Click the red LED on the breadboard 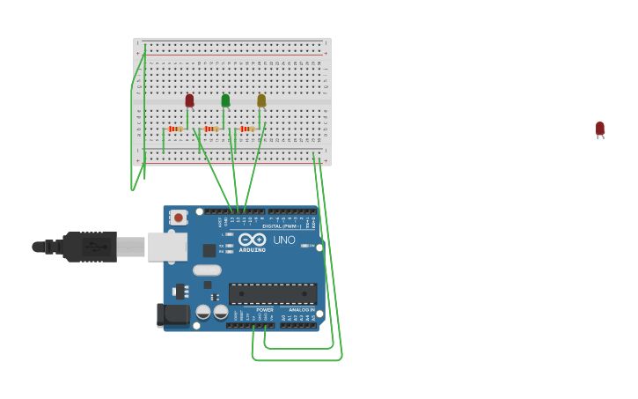tap(189, 100)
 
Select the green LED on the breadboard tap(225, 100)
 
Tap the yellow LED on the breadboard tap(261, 100)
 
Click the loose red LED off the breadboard tap(600, 129)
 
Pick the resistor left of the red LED tap(175, 129)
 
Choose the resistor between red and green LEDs tap(211, 129)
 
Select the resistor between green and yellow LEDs tap(247, 129)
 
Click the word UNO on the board tap(284, 240)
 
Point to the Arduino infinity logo tap(253, 239)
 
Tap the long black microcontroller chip tap(272, 294)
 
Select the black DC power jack tap(172, 314)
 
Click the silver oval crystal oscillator tap(207, 270)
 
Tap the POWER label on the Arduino tap(265, 310)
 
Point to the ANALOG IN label tap(301, 310)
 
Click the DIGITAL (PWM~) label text tap(281, 226)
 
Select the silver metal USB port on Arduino tap(167, 247)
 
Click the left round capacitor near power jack tap(203, 312)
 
